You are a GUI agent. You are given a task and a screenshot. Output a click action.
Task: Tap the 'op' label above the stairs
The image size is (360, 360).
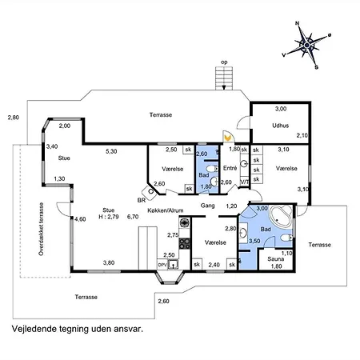tap(225, 61)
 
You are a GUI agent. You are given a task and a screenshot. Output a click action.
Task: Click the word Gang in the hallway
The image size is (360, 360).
tap(209, 206)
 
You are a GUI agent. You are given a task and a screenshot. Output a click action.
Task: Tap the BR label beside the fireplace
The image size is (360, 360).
tap(142, 201)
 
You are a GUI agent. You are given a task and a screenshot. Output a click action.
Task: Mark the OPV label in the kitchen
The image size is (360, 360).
tap(162, 264)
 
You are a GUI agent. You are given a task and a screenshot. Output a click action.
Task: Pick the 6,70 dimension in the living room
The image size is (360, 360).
tap(133, 217)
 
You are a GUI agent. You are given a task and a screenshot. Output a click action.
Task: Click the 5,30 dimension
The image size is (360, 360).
tap(111, 151)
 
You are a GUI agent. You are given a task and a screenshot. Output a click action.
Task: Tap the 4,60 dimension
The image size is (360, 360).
tap(80, 218)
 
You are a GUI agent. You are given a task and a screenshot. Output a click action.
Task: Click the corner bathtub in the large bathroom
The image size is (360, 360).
tap(280, 216)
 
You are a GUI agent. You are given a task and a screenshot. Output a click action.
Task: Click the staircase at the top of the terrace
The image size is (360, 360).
tap(224, 79)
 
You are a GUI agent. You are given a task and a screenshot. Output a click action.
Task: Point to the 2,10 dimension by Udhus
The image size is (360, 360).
tap(302, 136)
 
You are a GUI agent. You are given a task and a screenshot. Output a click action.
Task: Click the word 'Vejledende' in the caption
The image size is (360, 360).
tap(33, 328)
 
